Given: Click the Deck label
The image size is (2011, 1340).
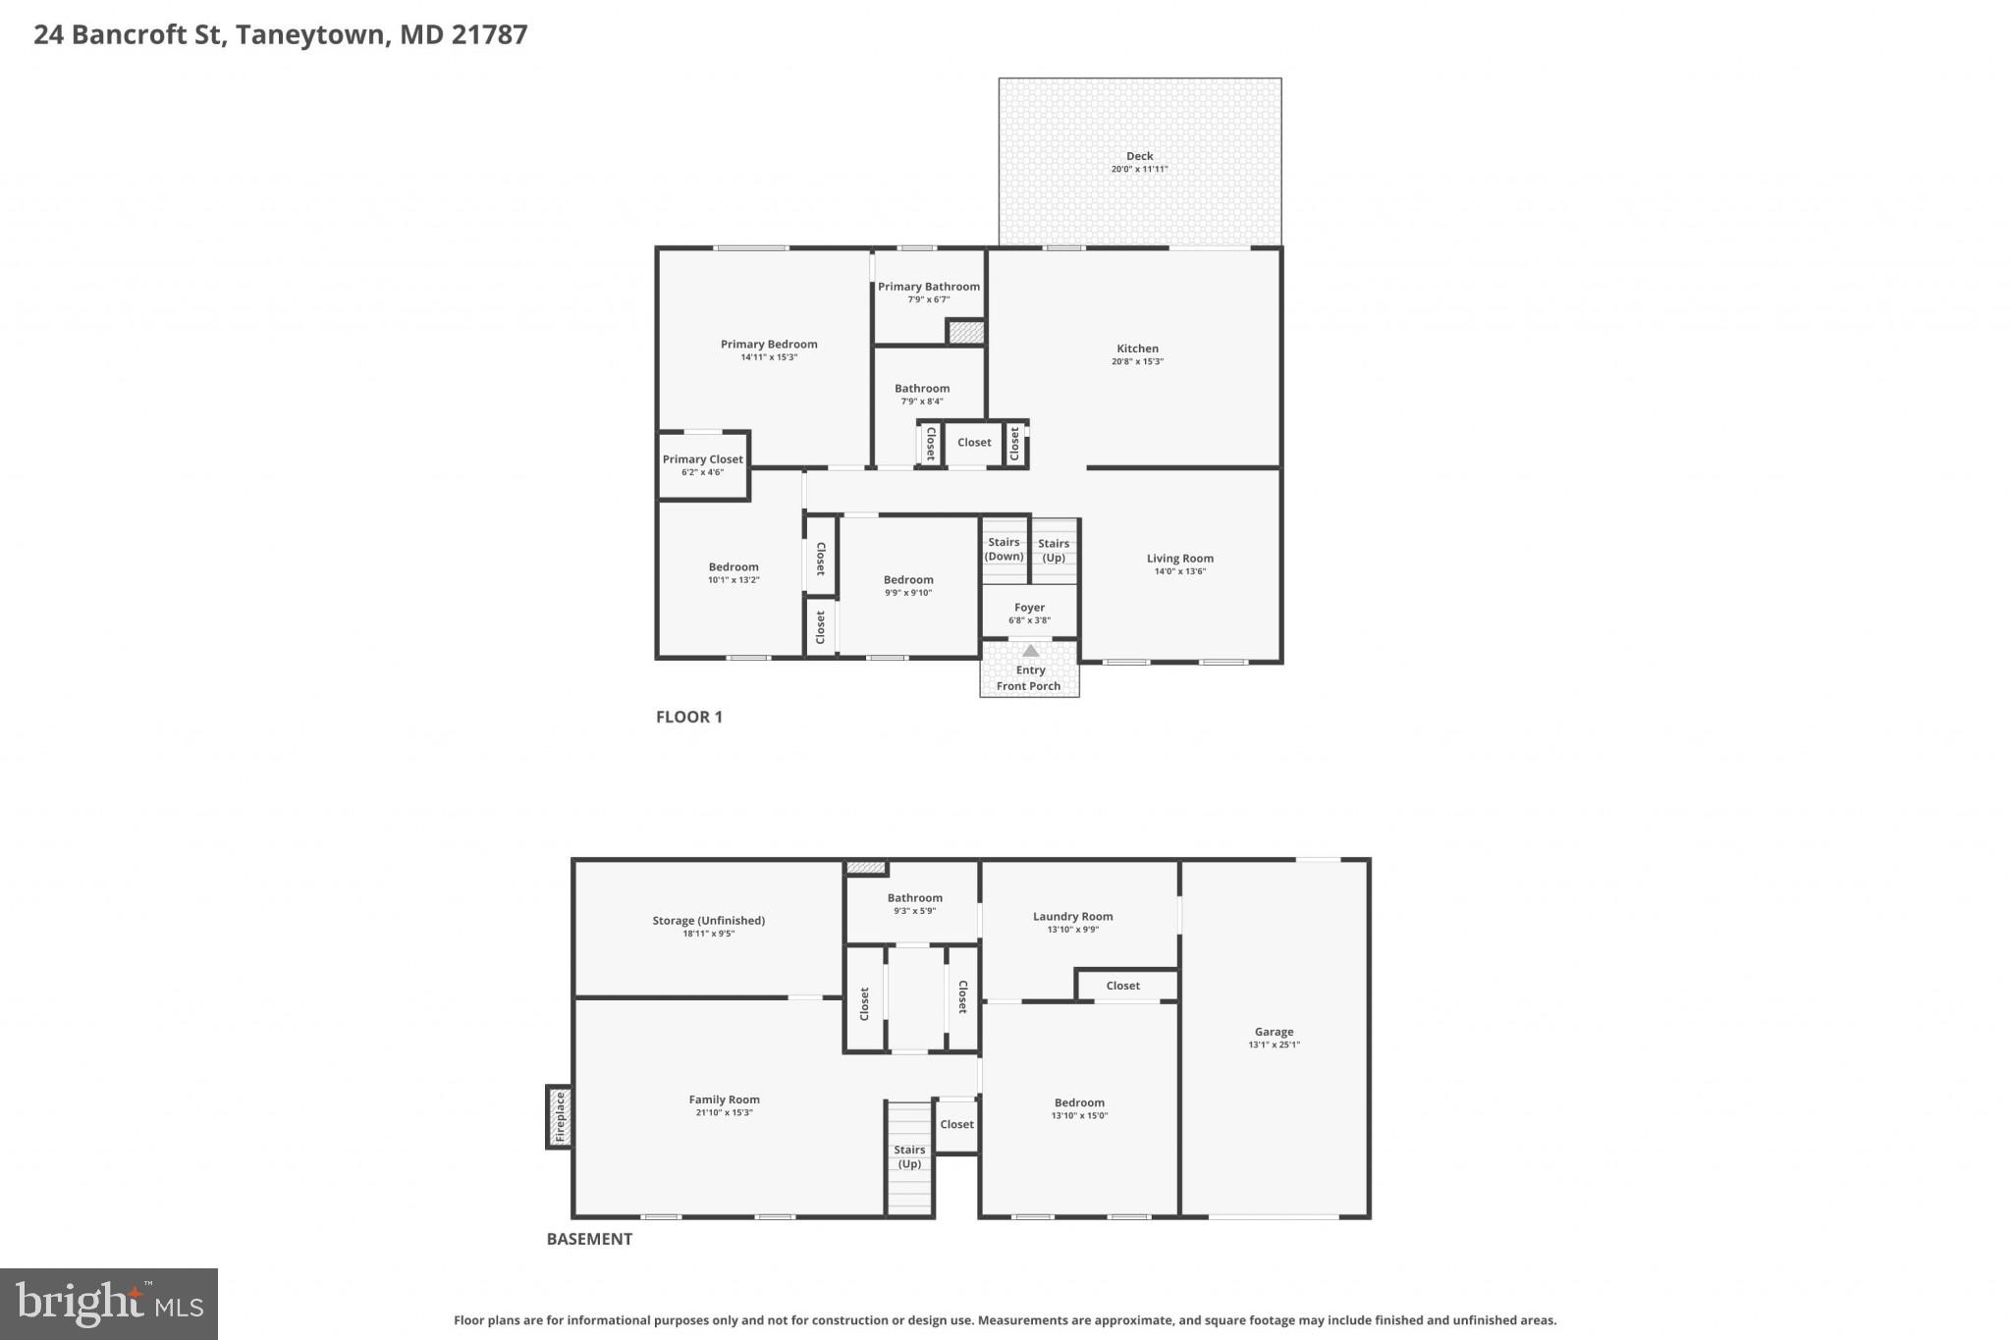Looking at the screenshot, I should coord(1139,156).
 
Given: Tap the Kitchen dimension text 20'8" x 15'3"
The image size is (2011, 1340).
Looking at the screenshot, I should coord(1137,362).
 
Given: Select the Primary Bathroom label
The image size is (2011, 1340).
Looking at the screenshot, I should coord(928,287).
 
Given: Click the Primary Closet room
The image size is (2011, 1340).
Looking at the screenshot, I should coord(702,465).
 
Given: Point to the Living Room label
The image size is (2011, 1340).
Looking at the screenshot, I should coord(1179,559).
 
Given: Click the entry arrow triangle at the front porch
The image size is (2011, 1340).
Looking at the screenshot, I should coord(1030,651).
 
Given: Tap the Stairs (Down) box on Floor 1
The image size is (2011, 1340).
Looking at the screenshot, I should coord(1004,550).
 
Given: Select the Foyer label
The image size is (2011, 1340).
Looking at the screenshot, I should coord(1029,608).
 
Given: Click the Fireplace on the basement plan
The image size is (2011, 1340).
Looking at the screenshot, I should coord(560,1117).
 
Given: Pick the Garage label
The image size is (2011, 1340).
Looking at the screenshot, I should coord(1274,1032).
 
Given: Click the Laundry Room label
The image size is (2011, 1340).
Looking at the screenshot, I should coord(1072,917).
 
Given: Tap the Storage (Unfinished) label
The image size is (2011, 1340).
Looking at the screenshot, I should coord(708,921).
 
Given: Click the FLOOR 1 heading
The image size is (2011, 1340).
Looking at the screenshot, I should coord(688,717).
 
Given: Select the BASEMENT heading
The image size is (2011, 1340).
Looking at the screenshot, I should coord(589,1239).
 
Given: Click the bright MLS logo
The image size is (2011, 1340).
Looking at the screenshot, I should coord(109,1304).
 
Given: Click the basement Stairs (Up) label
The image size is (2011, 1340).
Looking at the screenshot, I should coord(909,1156).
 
